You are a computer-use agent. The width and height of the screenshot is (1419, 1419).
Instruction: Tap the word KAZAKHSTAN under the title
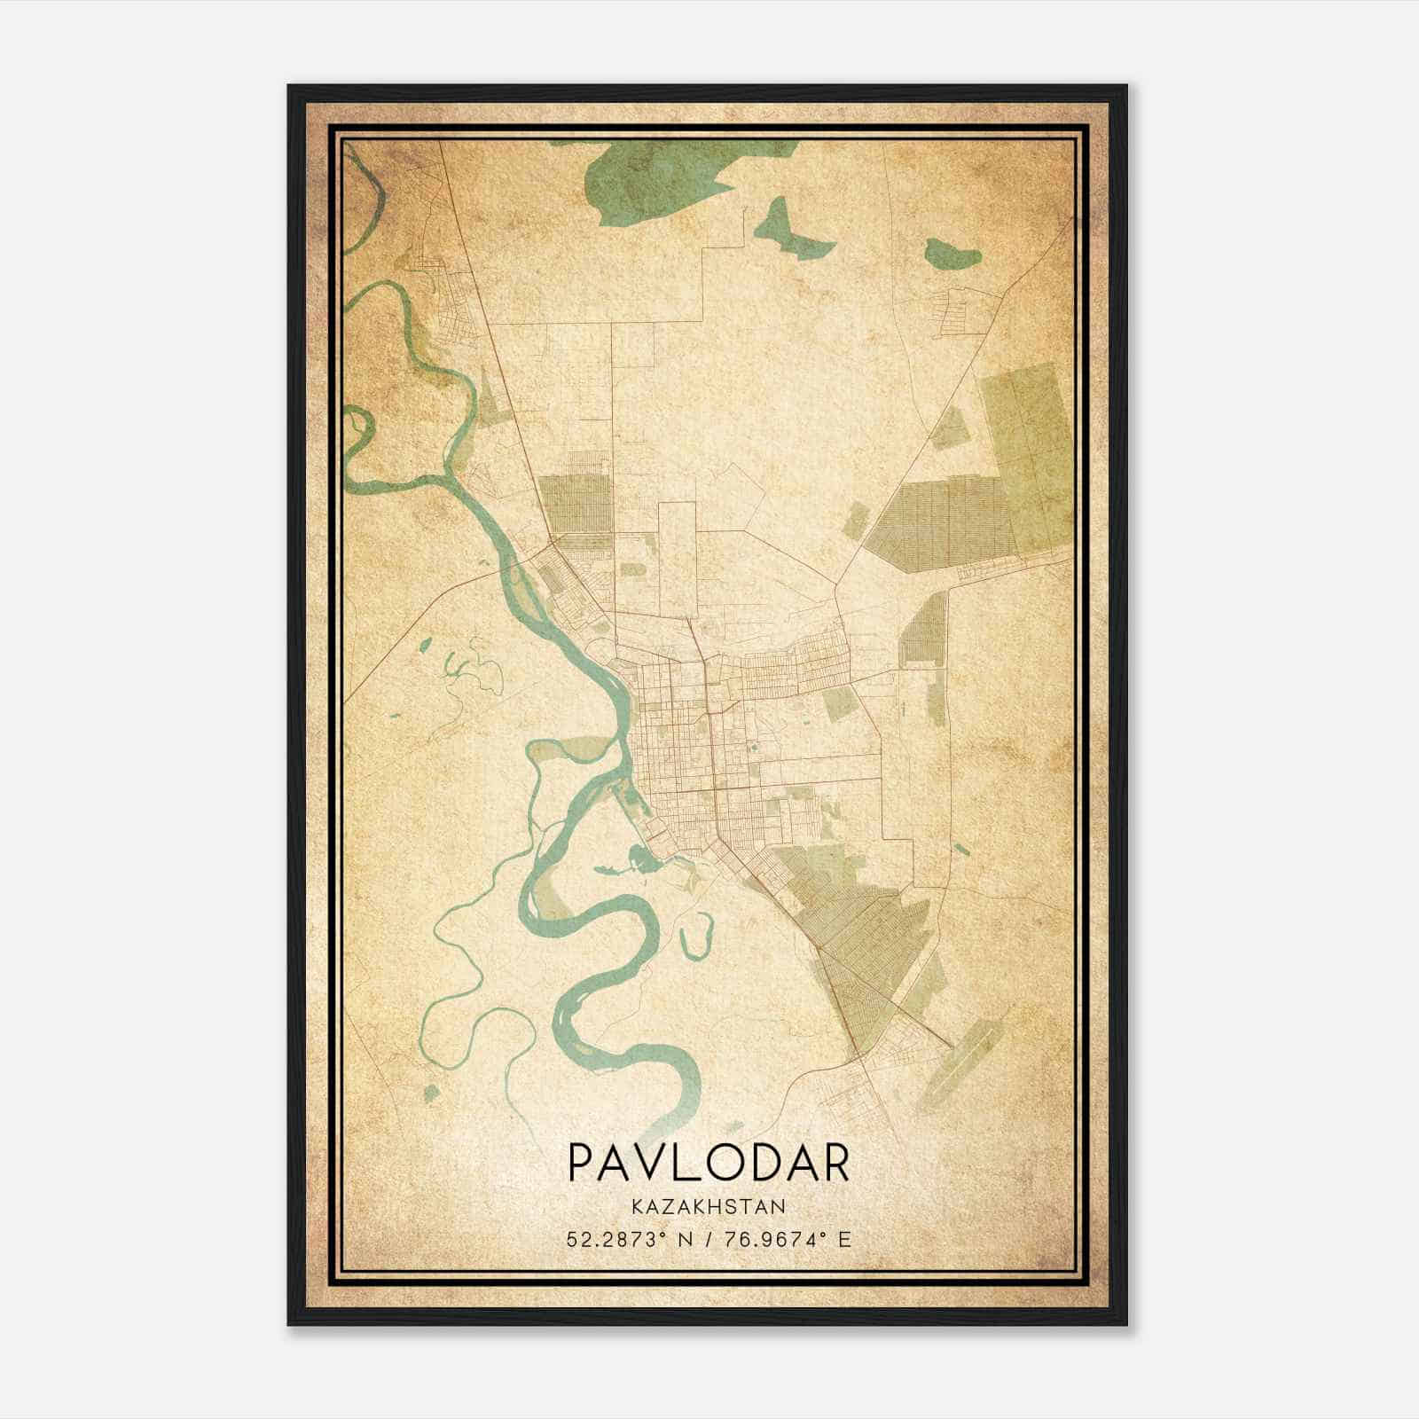tap(708, 1206)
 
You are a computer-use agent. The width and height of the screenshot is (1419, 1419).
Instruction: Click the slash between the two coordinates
tap(709, 1239)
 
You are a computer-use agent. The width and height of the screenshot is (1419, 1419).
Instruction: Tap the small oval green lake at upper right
tap(953, 255)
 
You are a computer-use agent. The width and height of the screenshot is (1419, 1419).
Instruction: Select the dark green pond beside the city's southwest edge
tap(637, 858)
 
